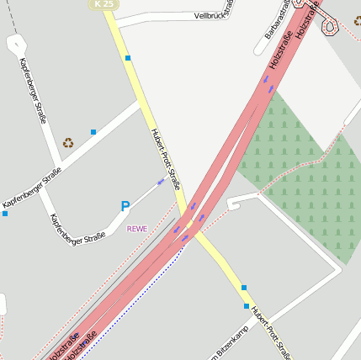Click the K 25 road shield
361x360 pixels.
point(104,4)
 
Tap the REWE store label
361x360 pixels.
point(137,228)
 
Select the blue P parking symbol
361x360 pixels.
point(125,206)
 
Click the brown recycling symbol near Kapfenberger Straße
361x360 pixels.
point(68,143)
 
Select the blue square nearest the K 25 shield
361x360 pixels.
point(128,58)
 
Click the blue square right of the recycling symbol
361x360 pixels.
point(93,132)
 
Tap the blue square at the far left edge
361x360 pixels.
point(4,214)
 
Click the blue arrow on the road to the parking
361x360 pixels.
point(161,181)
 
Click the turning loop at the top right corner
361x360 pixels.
point(328,27)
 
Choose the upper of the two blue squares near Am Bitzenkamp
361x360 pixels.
point(244,288)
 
